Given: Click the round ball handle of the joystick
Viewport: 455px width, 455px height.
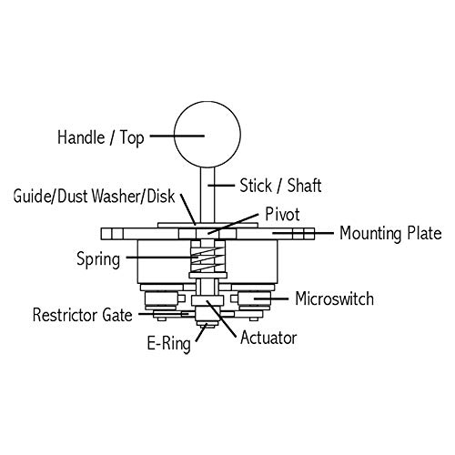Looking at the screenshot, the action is [207, 134].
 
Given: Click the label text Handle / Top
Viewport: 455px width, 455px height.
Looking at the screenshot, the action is [101, 137].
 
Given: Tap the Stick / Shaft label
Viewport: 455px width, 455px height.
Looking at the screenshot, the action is [280, 186].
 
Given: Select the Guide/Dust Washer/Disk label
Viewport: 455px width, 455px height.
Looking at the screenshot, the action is [95, 196].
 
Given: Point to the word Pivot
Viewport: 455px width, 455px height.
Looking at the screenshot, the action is [282, 214].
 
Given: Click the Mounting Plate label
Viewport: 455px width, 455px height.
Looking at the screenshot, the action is [390, 234].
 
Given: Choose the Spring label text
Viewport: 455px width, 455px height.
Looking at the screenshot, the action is [98, 259].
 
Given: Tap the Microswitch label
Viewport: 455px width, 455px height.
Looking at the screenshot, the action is [334, 298].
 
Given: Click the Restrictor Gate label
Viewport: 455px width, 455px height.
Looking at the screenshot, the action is [83, 315].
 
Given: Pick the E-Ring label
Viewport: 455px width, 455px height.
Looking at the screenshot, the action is [169, 344].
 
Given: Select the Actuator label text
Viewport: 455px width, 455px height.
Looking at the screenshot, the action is [268, 338].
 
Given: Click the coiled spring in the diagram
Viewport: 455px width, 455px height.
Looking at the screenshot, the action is [207, 258].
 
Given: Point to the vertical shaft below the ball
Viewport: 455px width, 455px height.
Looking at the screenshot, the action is [207, 195].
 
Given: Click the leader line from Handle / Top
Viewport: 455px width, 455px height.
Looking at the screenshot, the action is [177, 136].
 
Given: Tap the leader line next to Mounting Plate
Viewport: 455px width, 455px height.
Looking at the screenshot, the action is [303, 233].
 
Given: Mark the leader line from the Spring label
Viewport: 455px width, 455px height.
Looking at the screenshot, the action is [162, 258].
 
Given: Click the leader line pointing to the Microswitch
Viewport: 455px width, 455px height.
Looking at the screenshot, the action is [271, 298].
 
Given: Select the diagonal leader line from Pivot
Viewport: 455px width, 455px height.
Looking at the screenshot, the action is [233, 224].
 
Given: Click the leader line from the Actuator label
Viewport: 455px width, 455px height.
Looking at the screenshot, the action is [221, 318].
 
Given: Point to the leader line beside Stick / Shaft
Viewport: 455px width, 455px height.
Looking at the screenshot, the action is [221, 185].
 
